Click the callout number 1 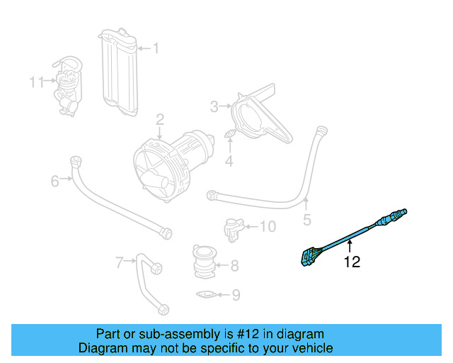tap(156, 49)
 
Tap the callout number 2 tap(161, 119)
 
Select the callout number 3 tap(214, 107)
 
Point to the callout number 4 tap(229, 162)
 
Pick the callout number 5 tap(306, 220)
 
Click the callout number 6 tap(55, 182)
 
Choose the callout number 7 tap(120, 263)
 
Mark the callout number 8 tap(234, 267)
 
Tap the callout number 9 tap(236, 295)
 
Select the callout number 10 tap(267, 227)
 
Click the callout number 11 tap(37, 82)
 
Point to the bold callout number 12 tap(352, 262)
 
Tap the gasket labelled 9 tap(206, 294)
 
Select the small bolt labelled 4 tap(230, 134)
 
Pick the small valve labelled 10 tap(232, 228)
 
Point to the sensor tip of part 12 tap(402, 212)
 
